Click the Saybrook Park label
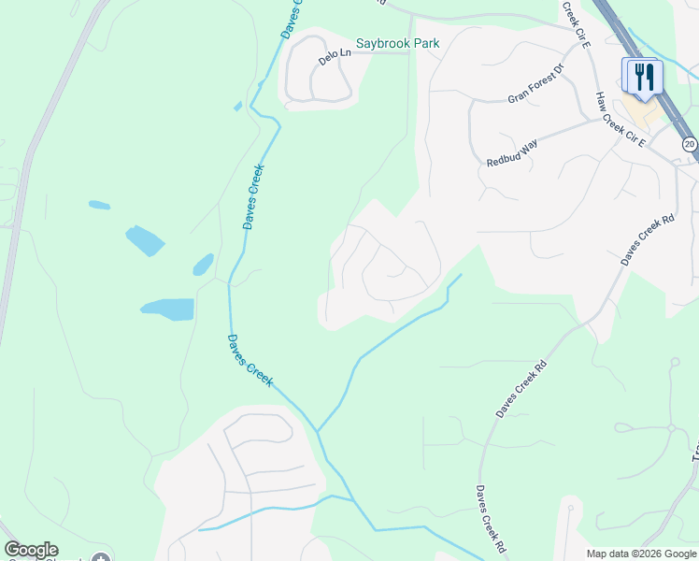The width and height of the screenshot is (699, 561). click(x=396, y=44)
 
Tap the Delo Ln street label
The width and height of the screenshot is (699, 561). click(x=334, y=55)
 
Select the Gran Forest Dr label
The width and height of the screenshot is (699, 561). click(x=536, y=83)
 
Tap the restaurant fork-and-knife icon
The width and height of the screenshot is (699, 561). click(x=642, y=77)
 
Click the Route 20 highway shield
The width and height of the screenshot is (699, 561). click(x=689, y=143)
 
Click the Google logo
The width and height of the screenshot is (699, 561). click(x=31, y=550)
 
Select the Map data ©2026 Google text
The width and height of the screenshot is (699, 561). click(x=641, y=554)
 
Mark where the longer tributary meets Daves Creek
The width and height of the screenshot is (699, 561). click(x=317, y=431)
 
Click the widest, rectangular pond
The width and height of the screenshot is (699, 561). click(x=167, y=309)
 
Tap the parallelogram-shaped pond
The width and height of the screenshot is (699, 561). click(x=145, y=240)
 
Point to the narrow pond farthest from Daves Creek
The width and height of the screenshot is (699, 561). click(x=99, y=205)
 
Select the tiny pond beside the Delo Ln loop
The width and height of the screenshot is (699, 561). click(x=237, y=106)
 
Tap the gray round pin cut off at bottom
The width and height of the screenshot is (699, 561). click(x=101, y=558)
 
